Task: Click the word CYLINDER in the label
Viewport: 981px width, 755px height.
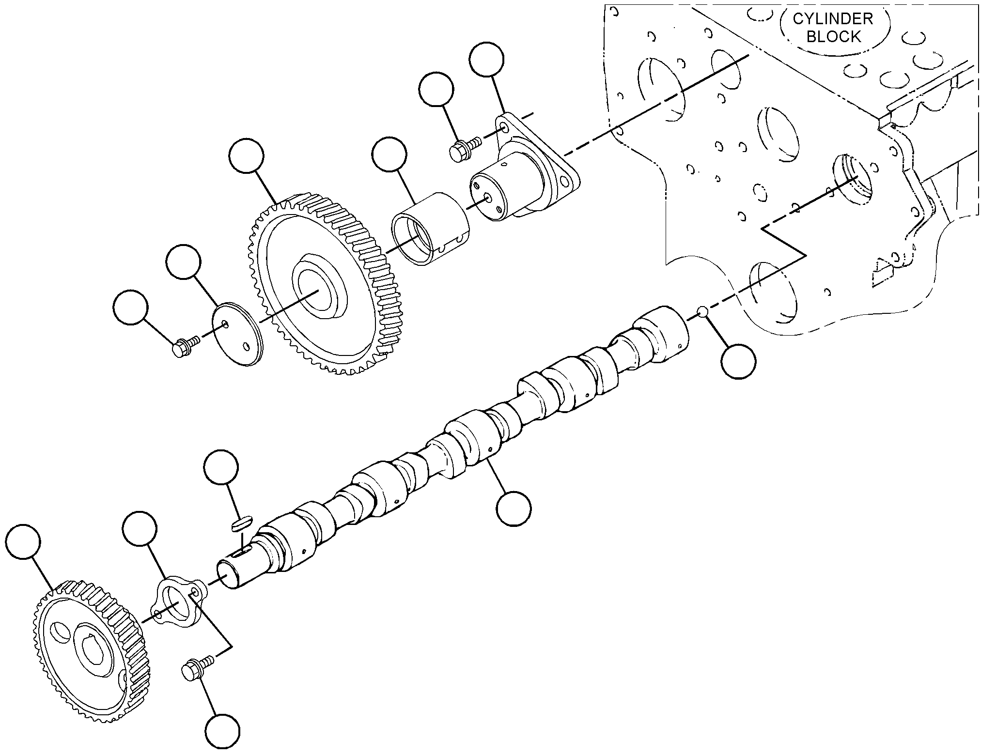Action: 833,19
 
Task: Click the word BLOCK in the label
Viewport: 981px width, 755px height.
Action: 833,37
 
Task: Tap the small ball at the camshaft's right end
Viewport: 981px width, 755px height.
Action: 703,312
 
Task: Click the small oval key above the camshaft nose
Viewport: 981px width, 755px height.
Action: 242,524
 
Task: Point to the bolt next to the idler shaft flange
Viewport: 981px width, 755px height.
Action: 465,148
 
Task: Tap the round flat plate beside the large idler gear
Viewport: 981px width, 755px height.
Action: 238,335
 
